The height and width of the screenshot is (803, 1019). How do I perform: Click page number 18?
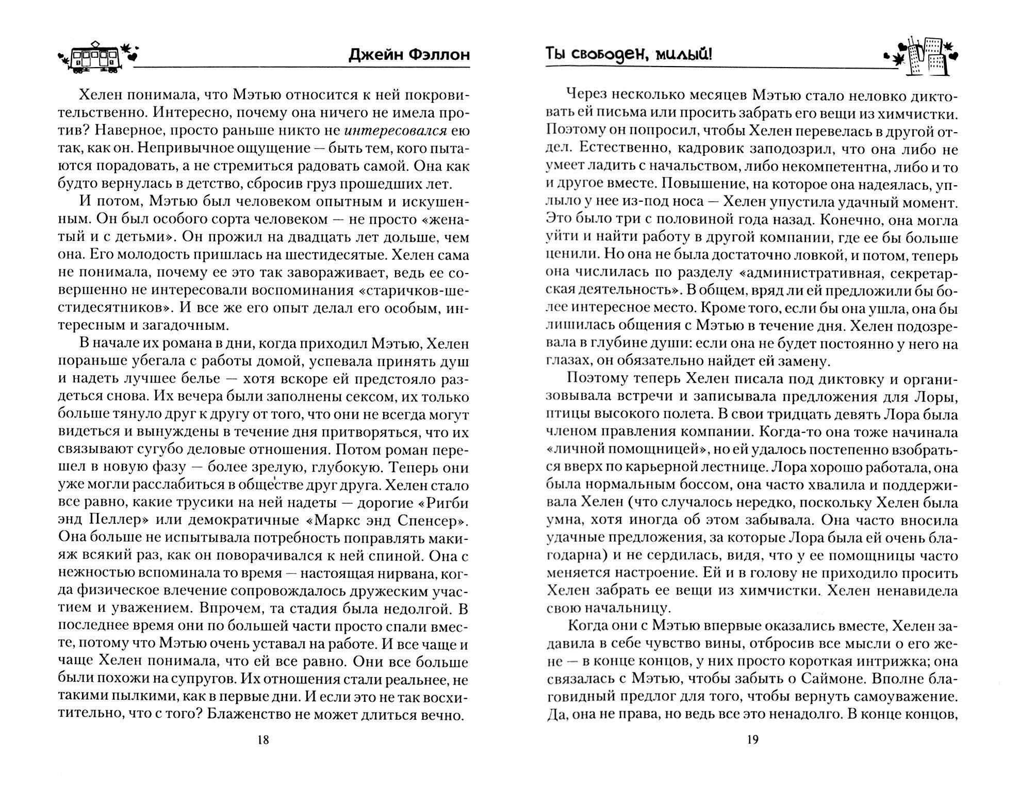pyautogui.click(x=262, y=740)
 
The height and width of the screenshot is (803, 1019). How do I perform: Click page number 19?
pyautogui.click(x=752, y=740)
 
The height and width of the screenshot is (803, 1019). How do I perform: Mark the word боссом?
pyautogui.click(x=676, y=486)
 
